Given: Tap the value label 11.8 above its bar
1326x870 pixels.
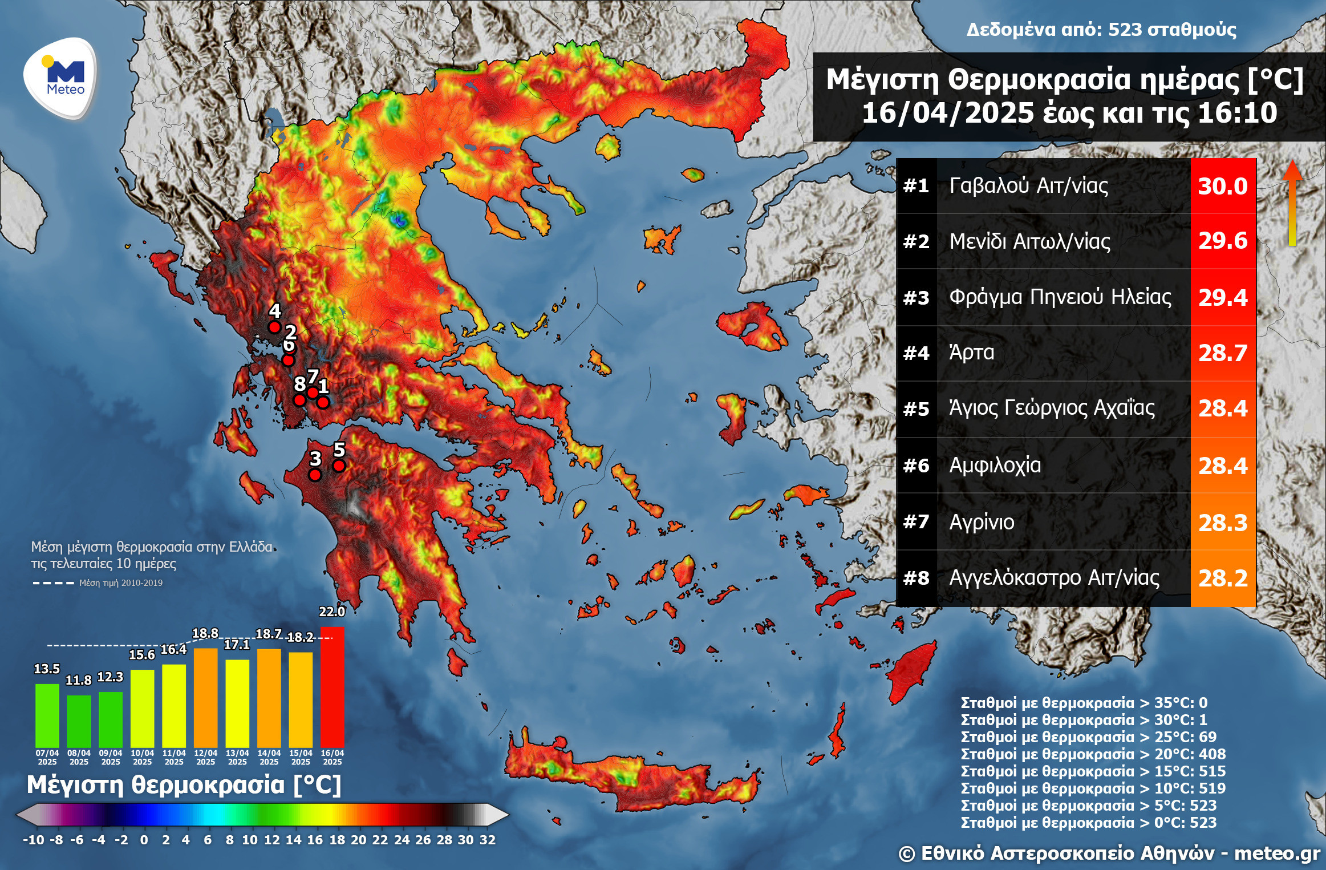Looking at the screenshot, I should (x=78, y=680).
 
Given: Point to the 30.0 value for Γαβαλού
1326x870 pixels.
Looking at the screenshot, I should (x=1223, y=186).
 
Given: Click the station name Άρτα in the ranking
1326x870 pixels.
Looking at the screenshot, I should (x=971, y=353).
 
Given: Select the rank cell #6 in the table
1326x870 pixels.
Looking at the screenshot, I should (x=916, y=466).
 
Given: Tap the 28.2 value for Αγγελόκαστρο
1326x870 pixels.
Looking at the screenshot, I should (x=1223, y=578).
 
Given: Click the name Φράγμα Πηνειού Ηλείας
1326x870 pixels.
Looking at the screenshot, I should (x=1060, y=297).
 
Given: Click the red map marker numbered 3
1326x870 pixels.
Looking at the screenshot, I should (x=315, y=475).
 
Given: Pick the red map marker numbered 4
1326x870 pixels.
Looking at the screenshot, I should (x=274, y=327).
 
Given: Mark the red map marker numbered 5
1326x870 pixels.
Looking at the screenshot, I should (x=339, y=466).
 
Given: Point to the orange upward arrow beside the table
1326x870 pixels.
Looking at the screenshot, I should (x=1292, y=203).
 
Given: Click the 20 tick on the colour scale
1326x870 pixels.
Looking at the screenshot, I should (x=358, y=840).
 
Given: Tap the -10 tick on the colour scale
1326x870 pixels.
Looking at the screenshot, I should (x=33, y=840).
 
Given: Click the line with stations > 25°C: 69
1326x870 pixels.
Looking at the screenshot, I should (x=1088, y=737).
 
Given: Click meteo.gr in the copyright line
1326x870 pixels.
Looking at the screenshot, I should (x=1277, y=853).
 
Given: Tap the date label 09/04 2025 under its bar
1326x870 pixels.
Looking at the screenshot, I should (x=111, y=757).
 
